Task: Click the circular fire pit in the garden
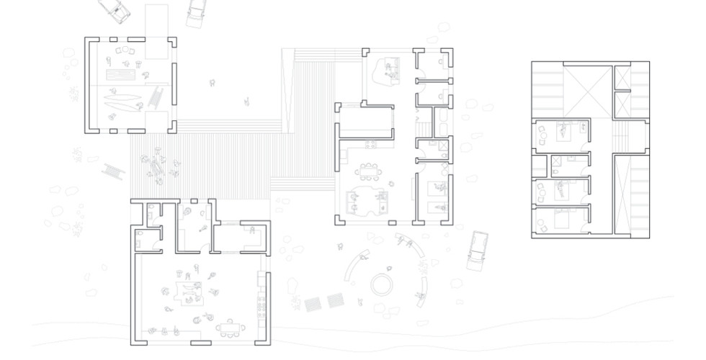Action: tap(382, 283)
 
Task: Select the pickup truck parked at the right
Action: tap(476, 251)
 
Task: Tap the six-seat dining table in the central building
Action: tap(370, 172)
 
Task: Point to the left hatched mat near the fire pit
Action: tap(313, 303)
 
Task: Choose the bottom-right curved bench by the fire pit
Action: tap(421, 287)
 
